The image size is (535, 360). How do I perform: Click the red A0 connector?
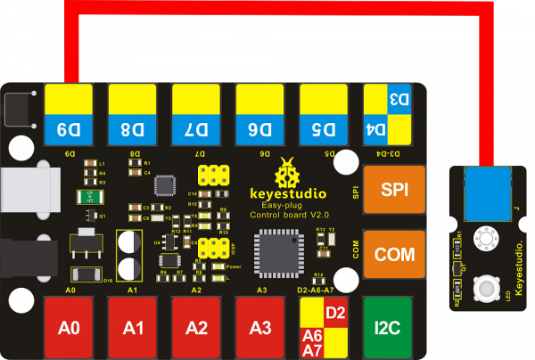pos(70,327)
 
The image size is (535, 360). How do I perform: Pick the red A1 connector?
pos(134,327)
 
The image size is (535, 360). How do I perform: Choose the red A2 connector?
pos(198,327)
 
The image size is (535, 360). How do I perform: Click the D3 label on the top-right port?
pos(400,101)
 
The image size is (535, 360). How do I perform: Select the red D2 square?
pos(336,313)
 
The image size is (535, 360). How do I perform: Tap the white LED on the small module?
pos(487,288)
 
